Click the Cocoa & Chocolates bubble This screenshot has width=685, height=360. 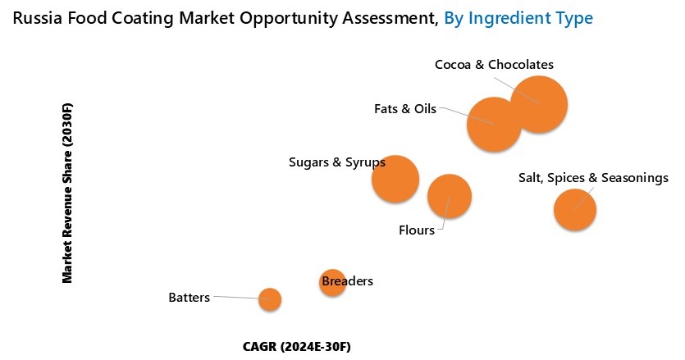(539, 104)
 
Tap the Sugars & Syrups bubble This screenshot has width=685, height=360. (395, 179)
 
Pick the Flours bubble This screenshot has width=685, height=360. (450, 196)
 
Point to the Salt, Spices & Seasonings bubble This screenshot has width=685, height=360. (574, 209)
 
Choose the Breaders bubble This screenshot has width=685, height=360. (331, 283)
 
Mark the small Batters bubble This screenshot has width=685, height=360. (270, 299)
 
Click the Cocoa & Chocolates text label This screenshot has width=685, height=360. (494, 64)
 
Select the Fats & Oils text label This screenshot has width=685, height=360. (405, 108)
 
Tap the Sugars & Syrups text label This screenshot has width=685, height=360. (337, 162)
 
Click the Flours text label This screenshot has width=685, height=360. (416, 230)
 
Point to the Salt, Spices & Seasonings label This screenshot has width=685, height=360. (593, 178)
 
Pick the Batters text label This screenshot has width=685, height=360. (189, 297)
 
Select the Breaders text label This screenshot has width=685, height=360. (348, 281)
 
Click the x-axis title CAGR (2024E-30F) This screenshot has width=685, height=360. (297, 346)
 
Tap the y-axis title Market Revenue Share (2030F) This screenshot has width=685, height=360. (68, 194)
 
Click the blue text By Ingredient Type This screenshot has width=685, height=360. (518, 17)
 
